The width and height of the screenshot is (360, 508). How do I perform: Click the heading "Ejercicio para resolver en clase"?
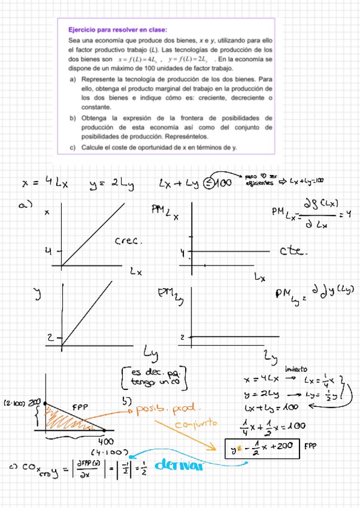[x=117, y=29]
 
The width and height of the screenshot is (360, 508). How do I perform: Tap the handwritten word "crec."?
[x=126, y=241]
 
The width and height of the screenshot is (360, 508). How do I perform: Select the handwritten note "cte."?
[x=294, y=252]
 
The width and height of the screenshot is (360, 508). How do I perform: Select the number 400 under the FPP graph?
[x=105, y=442]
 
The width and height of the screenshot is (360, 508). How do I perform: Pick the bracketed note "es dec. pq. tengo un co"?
[x=155, y=378]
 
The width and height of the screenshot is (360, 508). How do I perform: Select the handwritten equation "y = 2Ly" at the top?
[x=113, y=183]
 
